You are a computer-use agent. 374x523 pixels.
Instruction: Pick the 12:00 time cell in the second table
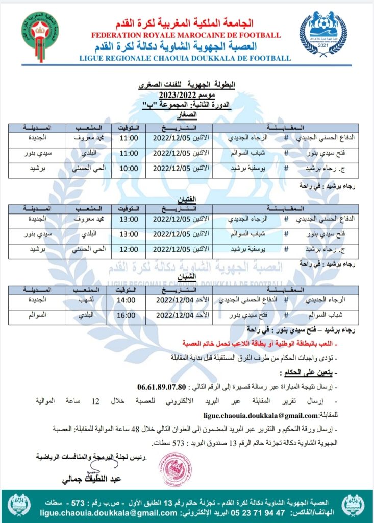[129, 249]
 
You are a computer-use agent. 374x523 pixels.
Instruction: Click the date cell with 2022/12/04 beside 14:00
[173, 300]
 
